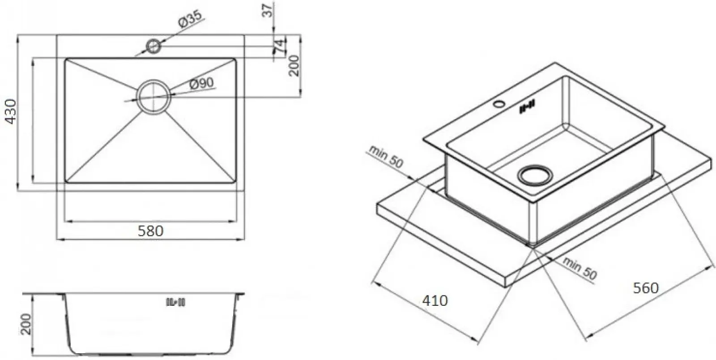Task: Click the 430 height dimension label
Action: [11, 111]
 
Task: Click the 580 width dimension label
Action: [150, 231]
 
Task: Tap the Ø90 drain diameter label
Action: [201, 83]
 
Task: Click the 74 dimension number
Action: [279, 46]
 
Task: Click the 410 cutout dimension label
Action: [435, 300]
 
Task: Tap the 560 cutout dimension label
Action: [646, 287]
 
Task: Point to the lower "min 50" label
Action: [580, 268]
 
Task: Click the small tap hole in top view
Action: [153, 46]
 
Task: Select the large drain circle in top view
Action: [153, 97]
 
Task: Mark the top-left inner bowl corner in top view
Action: [65, 59]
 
